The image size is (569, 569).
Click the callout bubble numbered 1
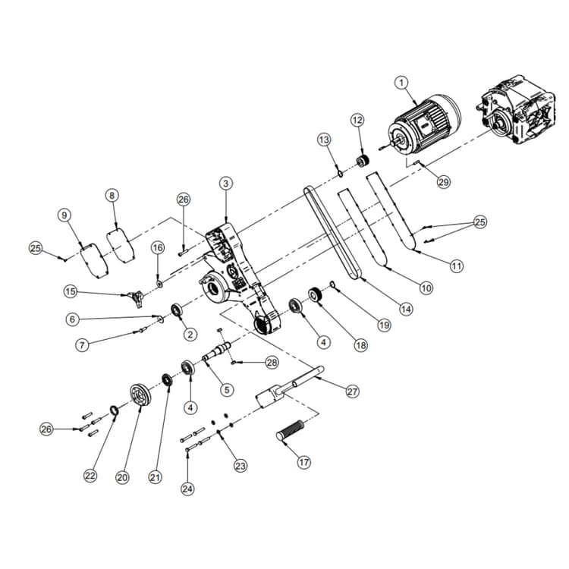pyautogui.click(x=402, y=82)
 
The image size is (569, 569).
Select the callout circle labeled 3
pyautogui.click(x=225, y=184)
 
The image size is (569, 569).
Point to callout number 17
pyautogui.click(x=304, y=462)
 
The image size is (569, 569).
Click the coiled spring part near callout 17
pyautogui.click(x=292, y=429)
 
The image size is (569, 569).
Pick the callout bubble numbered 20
pyautogui.click(x=123, y=477)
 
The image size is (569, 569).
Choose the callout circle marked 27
pyautogui.click(x=352, y=391)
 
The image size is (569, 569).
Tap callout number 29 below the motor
pyautogui.click(x=444, y=182)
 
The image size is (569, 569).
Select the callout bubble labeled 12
pyautogui.click(x=357, y=120)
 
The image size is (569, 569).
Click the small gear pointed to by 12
pyautogui.click(x=363, y=160)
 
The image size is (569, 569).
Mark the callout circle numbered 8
pyautogui.click(x=112, y=195)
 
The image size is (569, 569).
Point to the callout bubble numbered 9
pyautogui.click(x=64, y=215)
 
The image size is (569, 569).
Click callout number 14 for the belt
pyautogui.click(x=407, y=309)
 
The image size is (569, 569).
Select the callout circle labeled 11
pyautogui.click(x=456, y=266)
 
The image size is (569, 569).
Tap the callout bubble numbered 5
pyautogui.click(x=225, y=389)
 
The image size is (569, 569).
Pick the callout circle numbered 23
pyautogui.click(x=240, y=465)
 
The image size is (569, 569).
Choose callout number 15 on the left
pyautogui.click(x=71, y=291)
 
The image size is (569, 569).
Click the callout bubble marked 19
pyautogui.click(x=384, y=324)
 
